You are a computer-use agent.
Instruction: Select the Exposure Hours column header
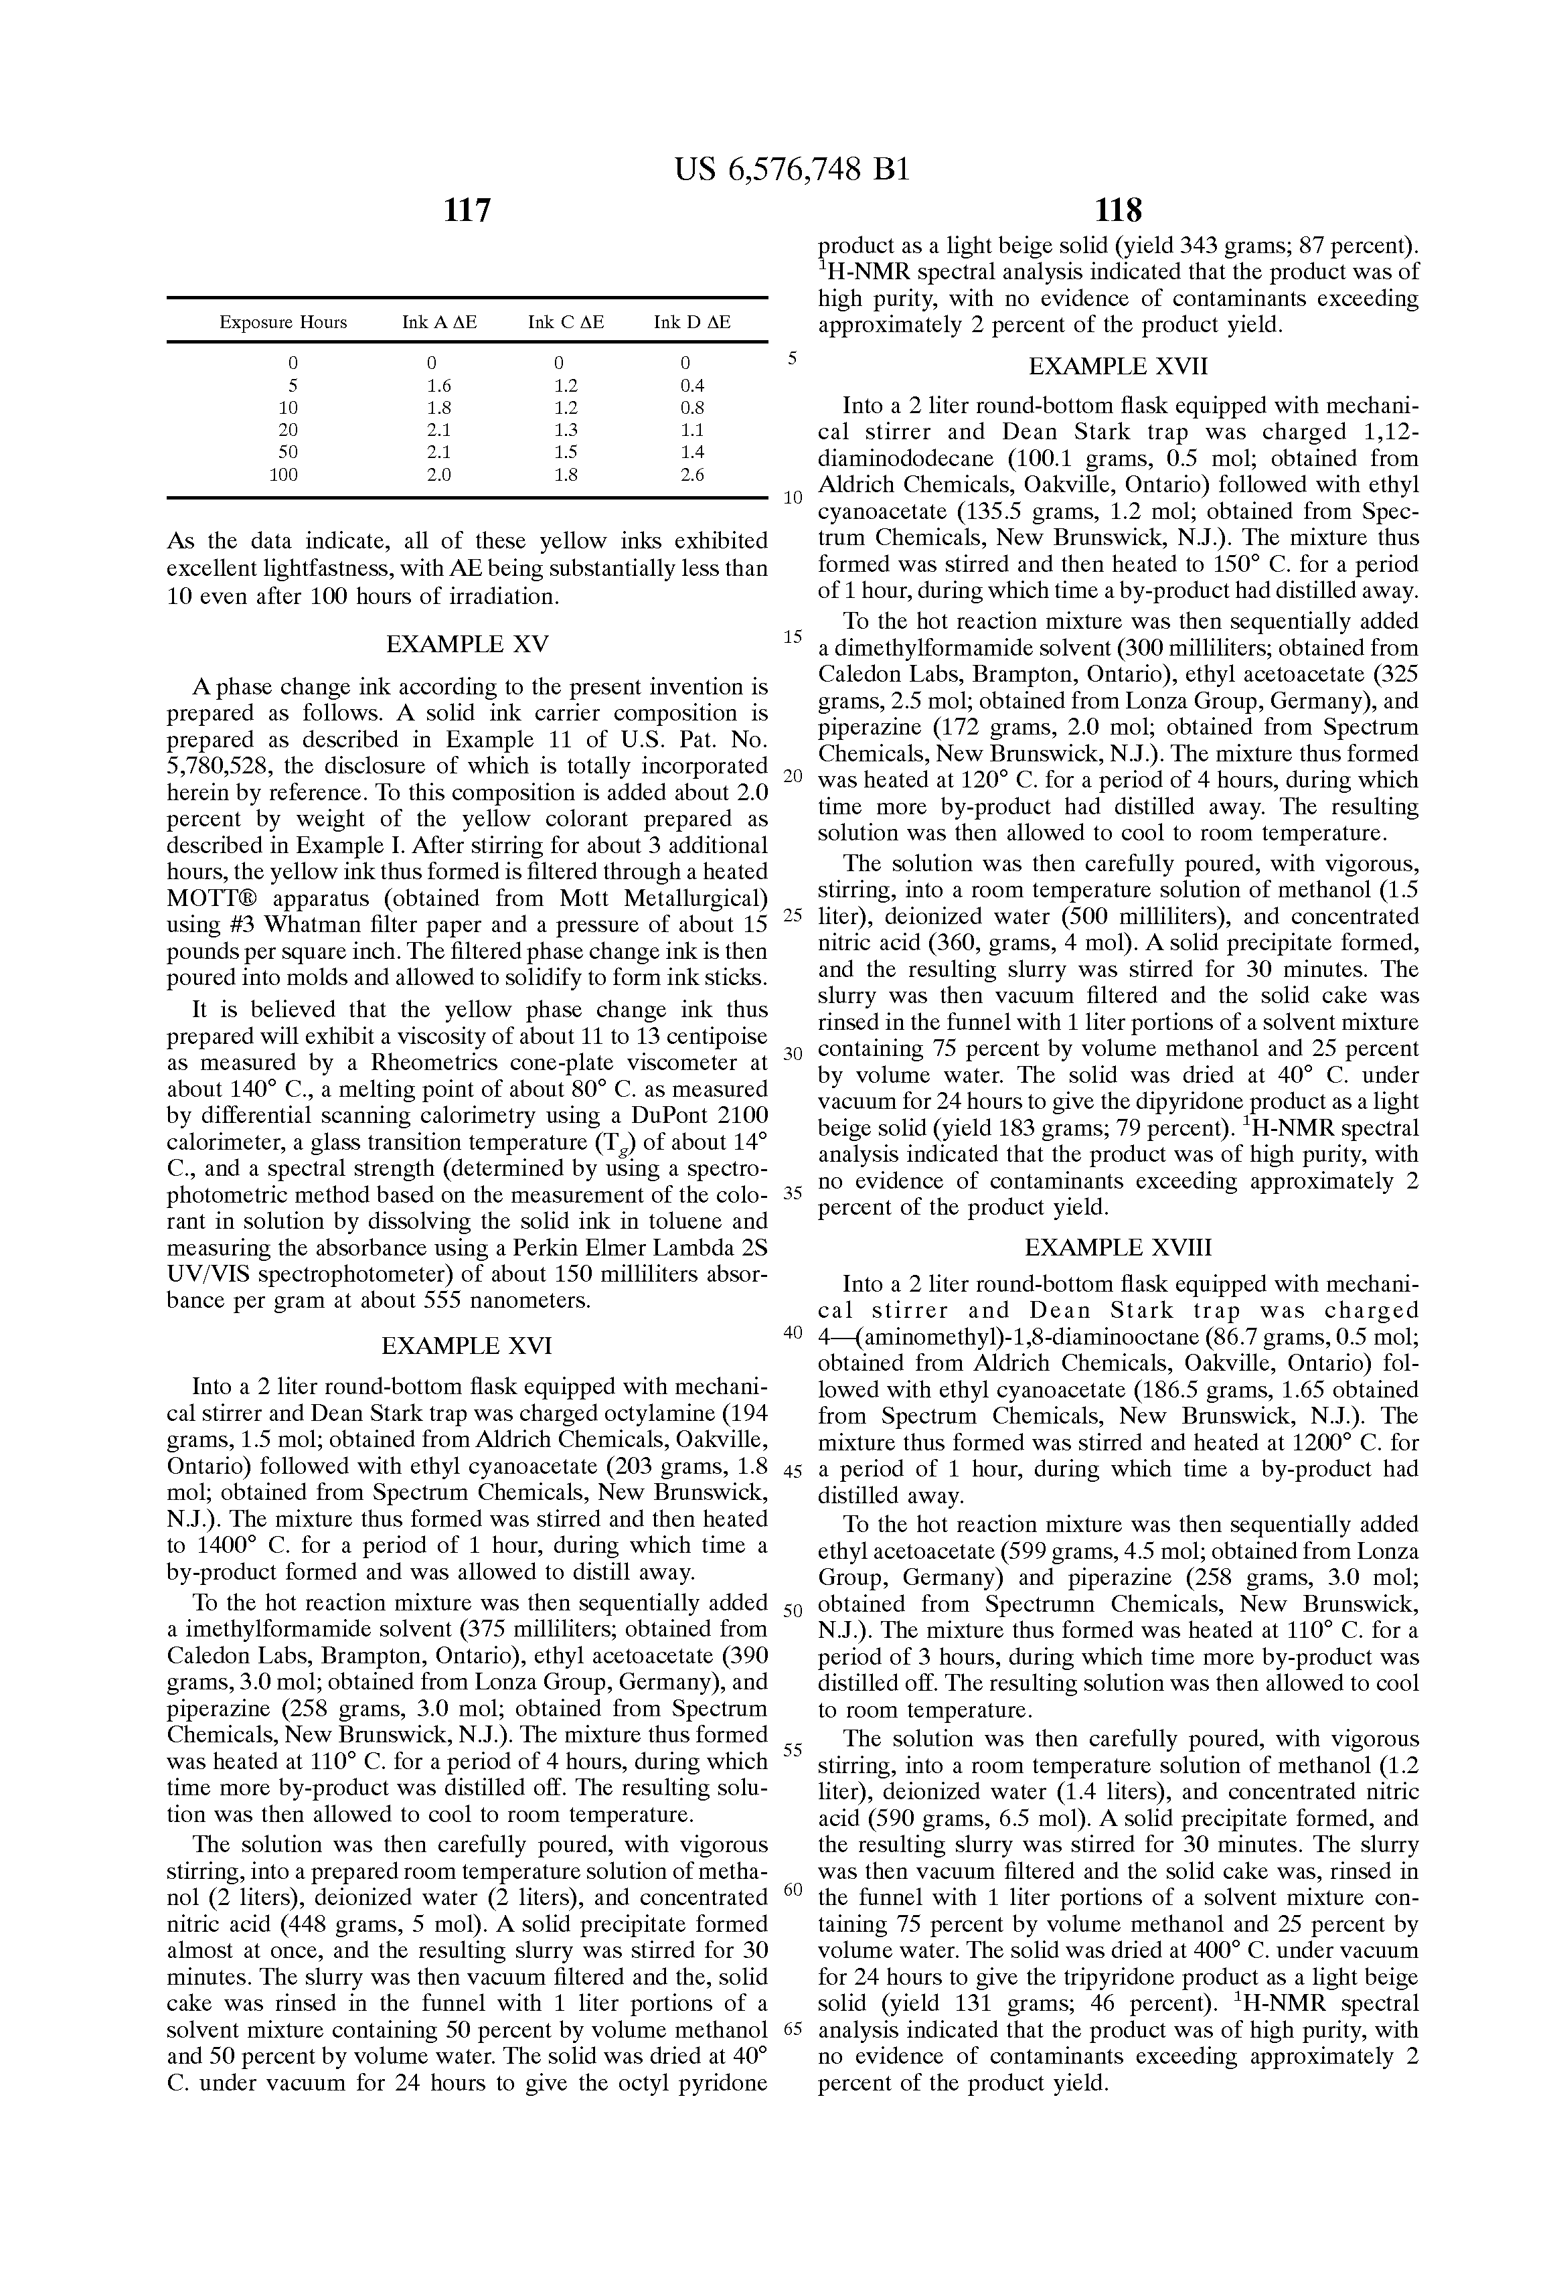pos(282,322)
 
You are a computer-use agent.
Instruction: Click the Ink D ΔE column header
pos(692,322)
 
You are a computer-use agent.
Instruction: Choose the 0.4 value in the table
pos(692,386)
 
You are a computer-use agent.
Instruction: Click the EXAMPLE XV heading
pos(467,644)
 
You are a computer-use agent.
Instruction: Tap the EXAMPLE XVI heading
pos(467,1345)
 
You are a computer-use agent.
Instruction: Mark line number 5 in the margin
pos(793,358)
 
